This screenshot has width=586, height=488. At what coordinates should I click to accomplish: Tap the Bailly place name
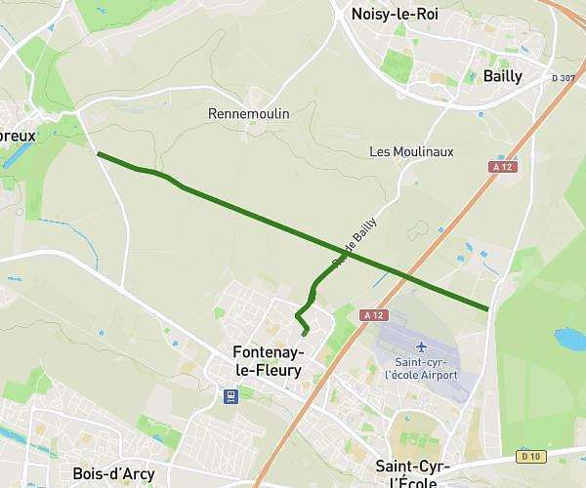[503, 76]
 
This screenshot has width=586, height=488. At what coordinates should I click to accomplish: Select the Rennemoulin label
[249, 114]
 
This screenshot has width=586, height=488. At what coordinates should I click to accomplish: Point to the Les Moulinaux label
[411, 151]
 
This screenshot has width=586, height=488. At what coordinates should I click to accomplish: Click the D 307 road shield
[564, 78]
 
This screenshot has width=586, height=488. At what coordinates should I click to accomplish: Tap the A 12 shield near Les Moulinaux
[503, 168]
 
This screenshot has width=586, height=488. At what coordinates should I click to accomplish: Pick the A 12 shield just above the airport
[374, 315]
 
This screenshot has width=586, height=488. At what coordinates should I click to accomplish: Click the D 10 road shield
[530, 456]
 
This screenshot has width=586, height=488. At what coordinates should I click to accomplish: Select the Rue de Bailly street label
[355, 242]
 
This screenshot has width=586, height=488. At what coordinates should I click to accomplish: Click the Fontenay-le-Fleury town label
[268, 361]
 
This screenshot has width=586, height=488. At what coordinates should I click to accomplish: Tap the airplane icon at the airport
[421, 346]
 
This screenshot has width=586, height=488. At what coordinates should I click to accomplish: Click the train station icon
[230, 396]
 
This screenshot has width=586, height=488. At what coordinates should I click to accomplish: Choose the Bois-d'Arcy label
[113, 474]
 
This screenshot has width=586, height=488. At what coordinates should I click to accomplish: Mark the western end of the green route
[98, 153]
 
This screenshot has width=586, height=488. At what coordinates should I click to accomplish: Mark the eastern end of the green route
[487, 309]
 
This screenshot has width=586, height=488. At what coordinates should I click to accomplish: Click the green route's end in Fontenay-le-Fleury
[305, 335]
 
